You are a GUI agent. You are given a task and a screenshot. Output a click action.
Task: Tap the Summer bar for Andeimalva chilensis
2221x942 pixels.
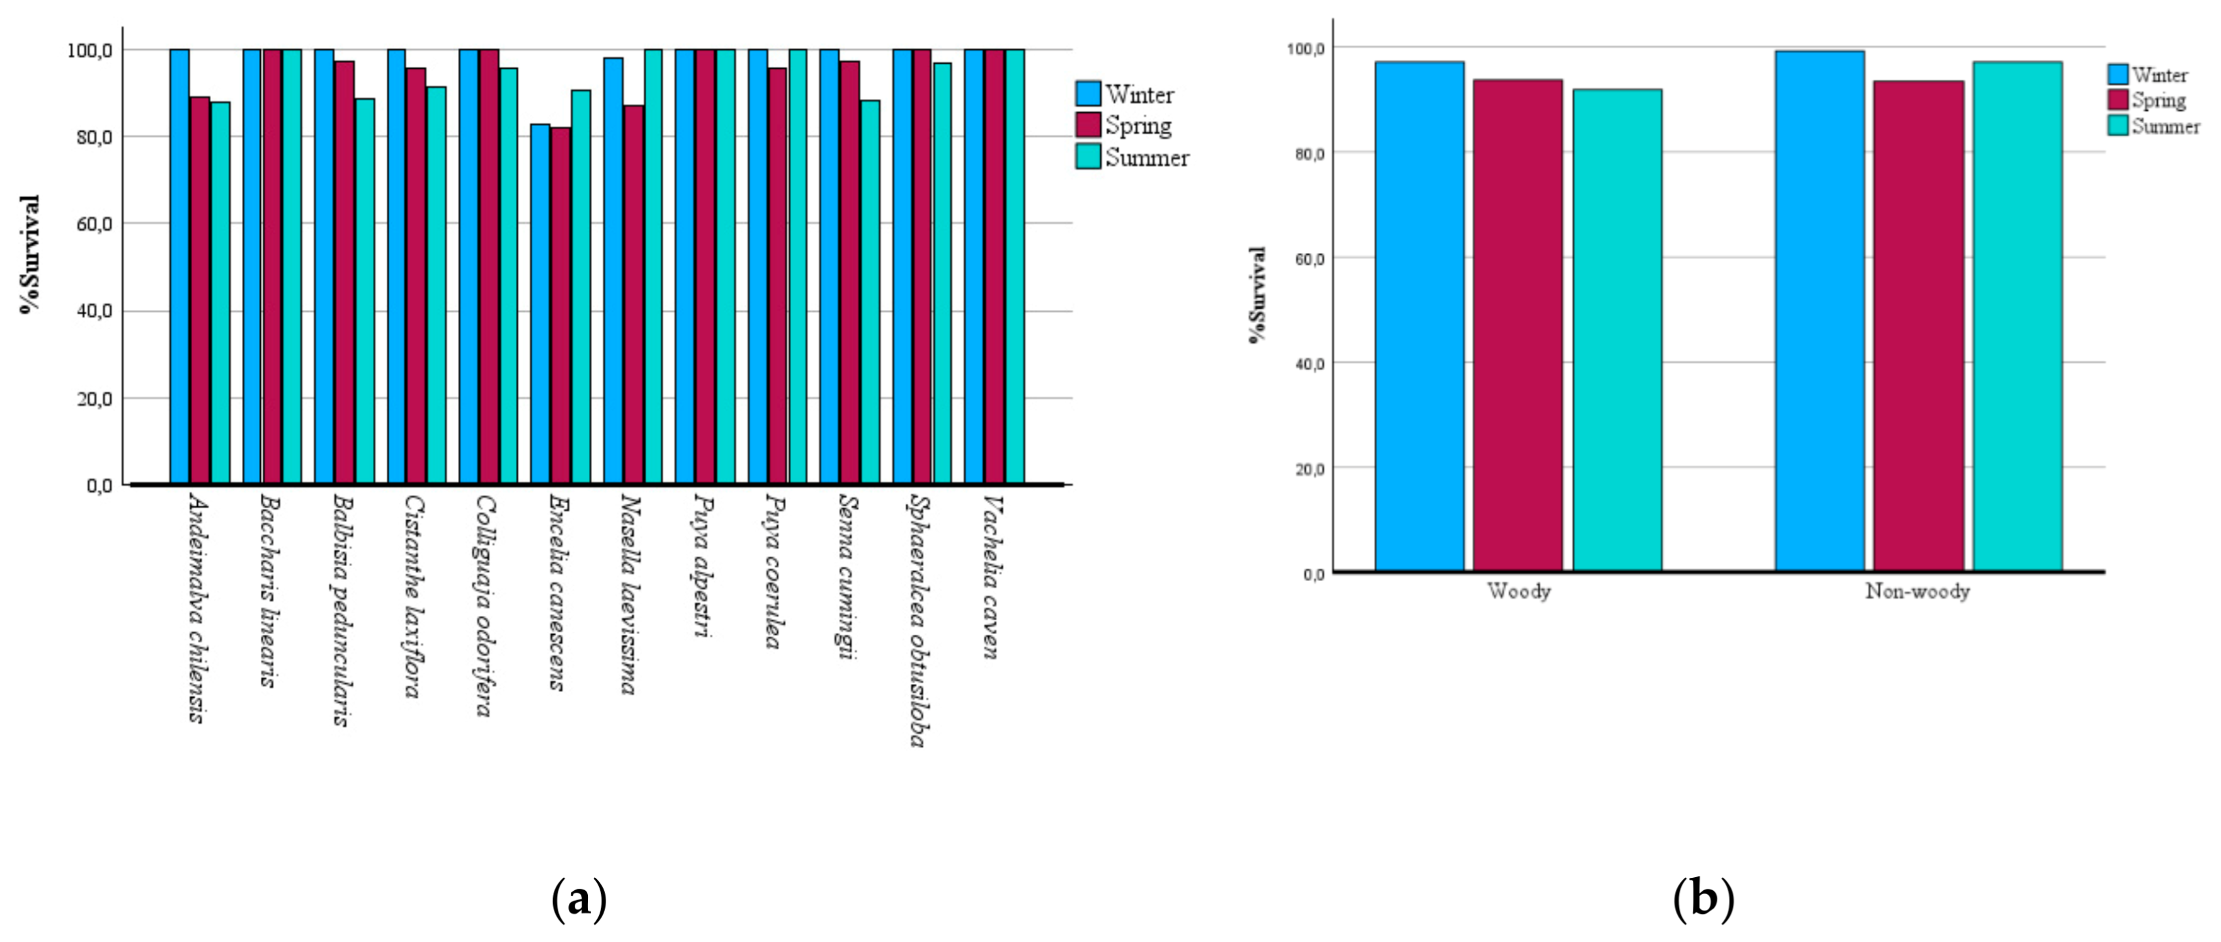pos(221,293)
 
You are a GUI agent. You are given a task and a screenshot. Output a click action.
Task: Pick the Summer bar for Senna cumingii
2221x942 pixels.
pos(871,292)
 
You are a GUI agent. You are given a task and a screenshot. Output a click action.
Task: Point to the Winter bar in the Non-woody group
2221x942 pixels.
pos(1819,311)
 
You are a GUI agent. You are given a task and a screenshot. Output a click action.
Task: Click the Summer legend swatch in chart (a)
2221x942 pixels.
pos(1088,157)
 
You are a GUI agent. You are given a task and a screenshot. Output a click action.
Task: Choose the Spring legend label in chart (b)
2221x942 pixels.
pos(2159,101)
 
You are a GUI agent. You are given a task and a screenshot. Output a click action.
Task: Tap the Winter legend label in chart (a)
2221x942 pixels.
pos(1140,94)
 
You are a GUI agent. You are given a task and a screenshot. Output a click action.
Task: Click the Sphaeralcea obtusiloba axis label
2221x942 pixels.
pos(921,620)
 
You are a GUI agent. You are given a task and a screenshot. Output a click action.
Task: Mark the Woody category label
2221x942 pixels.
pos(1519,592)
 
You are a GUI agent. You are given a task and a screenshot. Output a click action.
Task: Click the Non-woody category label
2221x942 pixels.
pos(1918,592)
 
